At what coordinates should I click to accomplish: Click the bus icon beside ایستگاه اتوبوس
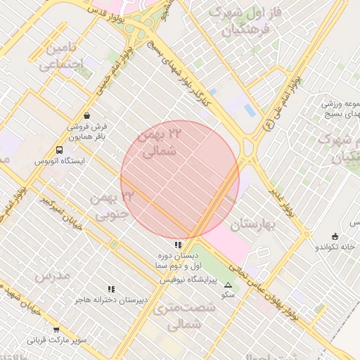coord(58,150)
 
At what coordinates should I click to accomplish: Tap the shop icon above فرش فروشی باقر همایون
coord(86,115)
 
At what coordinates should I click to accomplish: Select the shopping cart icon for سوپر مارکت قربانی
coord(56,329)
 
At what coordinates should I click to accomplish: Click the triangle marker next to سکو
coord(228,285)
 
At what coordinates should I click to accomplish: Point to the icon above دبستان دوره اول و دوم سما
coord(178,245)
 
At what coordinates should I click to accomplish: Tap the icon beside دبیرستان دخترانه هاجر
coord(110,289)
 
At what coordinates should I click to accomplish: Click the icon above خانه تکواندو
coord(335,236)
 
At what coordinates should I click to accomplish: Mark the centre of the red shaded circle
coord(180,179)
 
